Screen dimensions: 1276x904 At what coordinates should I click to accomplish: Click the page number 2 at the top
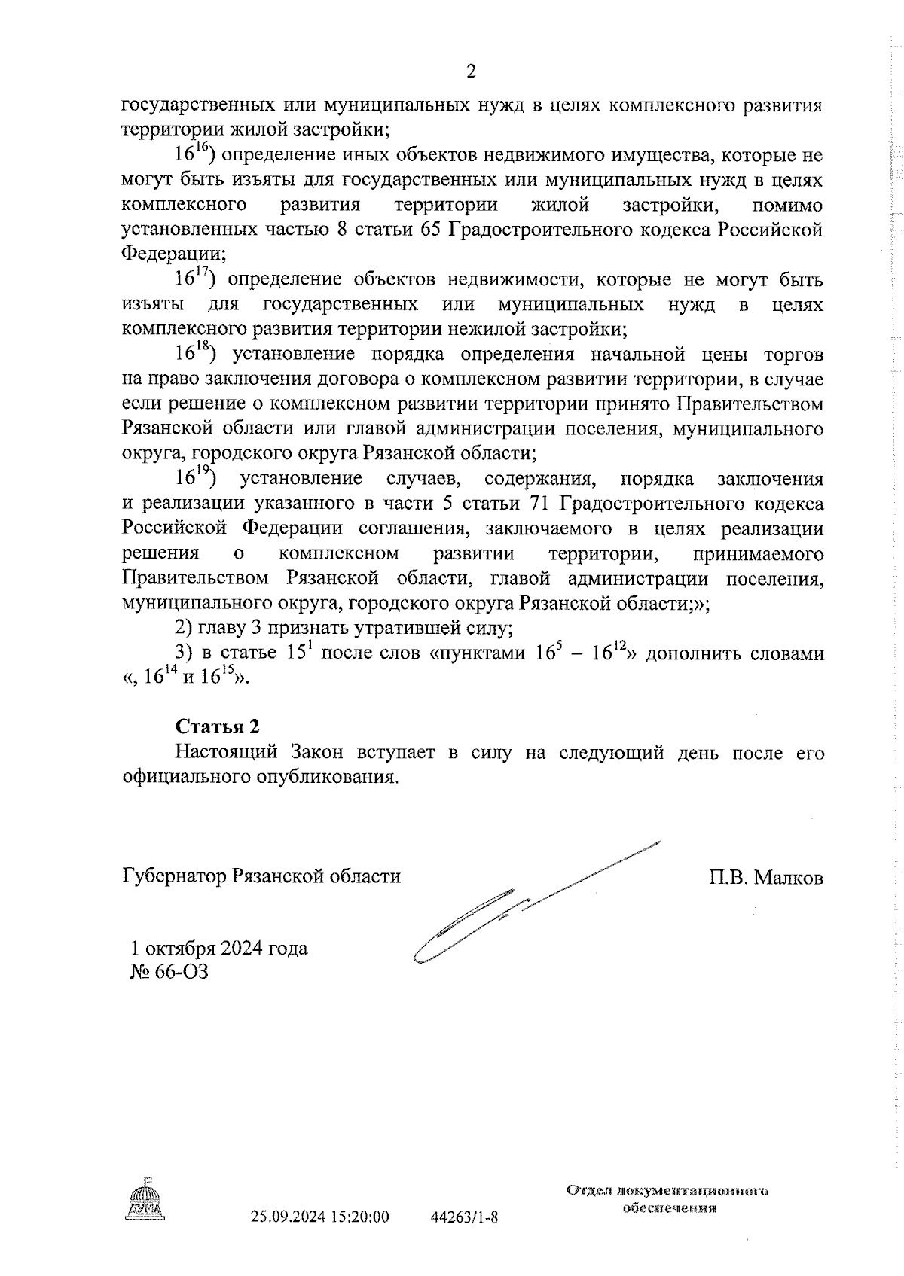pyautogui.click(x=472, y=72)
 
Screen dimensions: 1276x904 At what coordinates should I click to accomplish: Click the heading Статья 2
pyautogui.click(x=217, y=726)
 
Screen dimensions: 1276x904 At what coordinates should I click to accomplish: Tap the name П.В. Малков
pyautogui.click(x=765, y=878)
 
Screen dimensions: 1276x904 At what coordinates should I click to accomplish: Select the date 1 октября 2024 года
pyautogui.click(x=218, y=948)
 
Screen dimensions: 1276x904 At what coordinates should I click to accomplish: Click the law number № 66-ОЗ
pyautogui.click(x=169, y=972)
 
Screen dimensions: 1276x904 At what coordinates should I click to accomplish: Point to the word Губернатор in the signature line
pyautogui.click(x=174, y=878)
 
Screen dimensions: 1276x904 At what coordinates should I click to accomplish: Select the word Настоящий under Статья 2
pyautogui.click(x=221, y=753)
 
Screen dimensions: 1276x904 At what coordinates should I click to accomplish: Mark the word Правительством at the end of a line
pyautogui.click(x=750, y=404)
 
